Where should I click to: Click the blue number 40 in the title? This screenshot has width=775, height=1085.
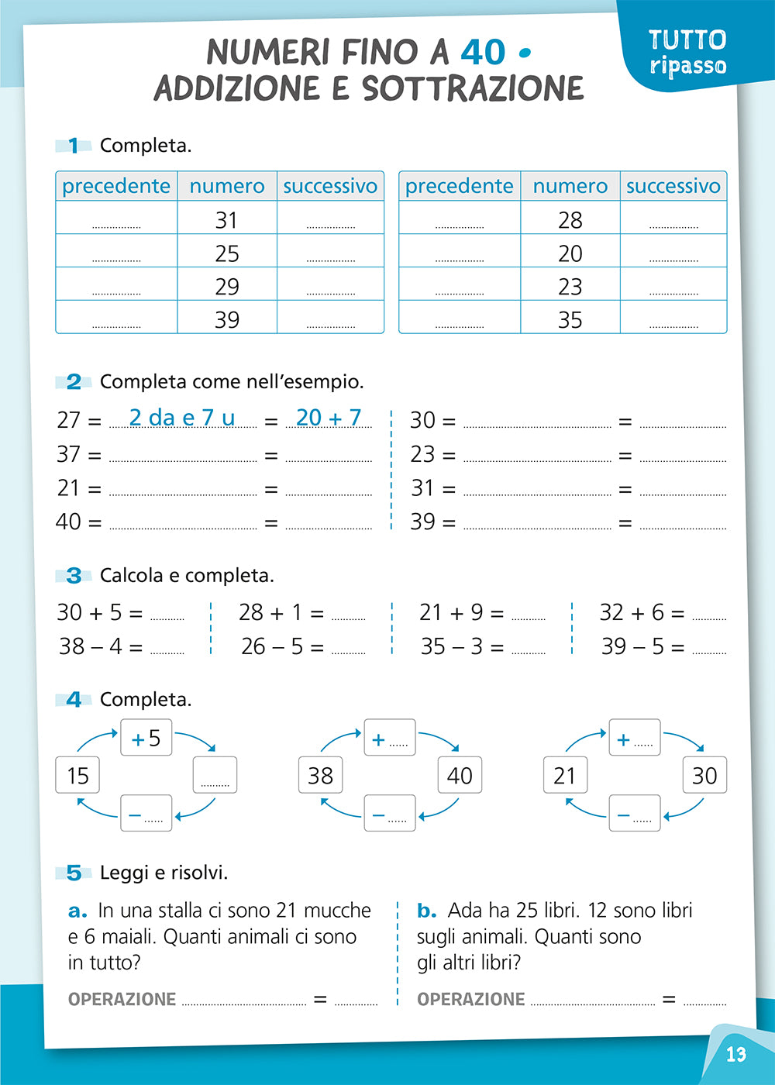483,53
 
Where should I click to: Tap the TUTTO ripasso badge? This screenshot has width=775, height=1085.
687,51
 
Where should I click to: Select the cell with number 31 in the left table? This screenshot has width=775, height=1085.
226,220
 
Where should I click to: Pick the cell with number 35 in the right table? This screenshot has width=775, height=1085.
570,319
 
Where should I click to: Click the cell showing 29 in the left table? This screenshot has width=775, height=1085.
226,286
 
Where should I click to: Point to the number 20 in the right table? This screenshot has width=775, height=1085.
570,253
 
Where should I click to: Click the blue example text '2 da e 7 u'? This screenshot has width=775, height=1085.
181,418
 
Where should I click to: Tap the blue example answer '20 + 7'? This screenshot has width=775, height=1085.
329,418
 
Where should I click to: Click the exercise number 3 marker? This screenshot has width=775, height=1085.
74,575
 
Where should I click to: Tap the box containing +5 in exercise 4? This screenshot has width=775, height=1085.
146,738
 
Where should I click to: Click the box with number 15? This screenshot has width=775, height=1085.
77,775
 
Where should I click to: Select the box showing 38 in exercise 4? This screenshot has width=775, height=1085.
320,775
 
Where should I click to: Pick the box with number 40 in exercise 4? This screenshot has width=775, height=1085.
460,775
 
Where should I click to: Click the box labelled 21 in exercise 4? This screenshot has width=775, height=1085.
565,775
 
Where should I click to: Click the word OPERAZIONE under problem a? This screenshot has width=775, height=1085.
122,999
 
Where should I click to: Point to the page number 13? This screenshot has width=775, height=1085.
735,1054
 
